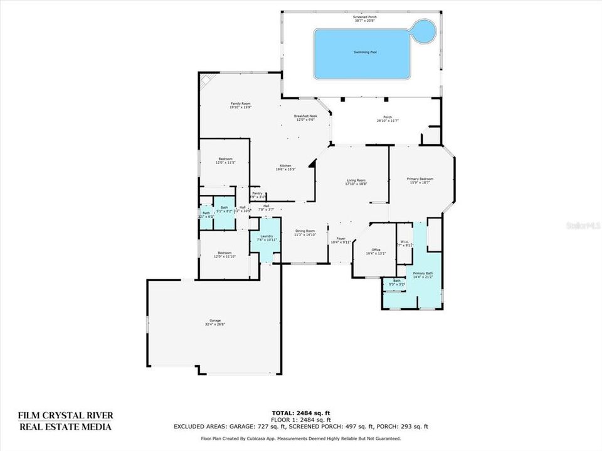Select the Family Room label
pyautogui.click(x=240, y=105)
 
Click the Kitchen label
pyautogui.click(x=285, y=167)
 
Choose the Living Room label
pyautogui.click(x=355, y=182)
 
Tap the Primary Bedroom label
pyautogui.click(x=421, y=180)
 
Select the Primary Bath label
pyautogui.click(x=423, y=275)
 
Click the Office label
pyautogui.click(x=375, y=252)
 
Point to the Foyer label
pyautogui.click(x=341, y=240)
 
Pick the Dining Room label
pyautogui.click(x=305, y=232)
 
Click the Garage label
pyautogui.click(x=214, y=323)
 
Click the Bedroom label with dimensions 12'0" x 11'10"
pyautogui.click(x=225, y=255)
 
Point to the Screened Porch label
pyautogui.click(x=361, y=19)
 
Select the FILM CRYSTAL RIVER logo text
pyautogui.click(x=65, y=421)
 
